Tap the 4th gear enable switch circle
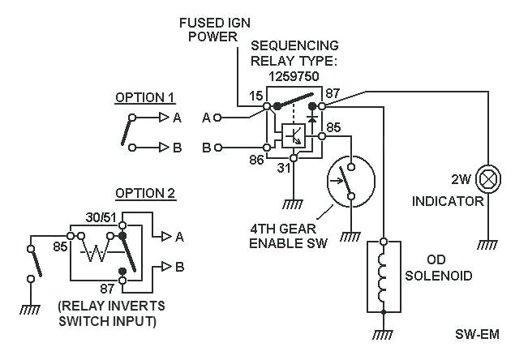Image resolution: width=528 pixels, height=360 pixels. (x=349, y=180)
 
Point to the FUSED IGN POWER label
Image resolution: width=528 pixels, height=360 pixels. (x=214, y=29)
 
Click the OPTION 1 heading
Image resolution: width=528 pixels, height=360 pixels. (x=144, y=97)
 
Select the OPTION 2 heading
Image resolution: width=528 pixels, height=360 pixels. (x=144, y=194)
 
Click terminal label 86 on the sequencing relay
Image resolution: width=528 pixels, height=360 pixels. (x=256, y=161)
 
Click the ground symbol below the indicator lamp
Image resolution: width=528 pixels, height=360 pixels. (x=488, y=243)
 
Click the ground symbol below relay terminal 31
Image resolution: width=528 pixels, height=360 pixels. (x=294, y=204)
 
